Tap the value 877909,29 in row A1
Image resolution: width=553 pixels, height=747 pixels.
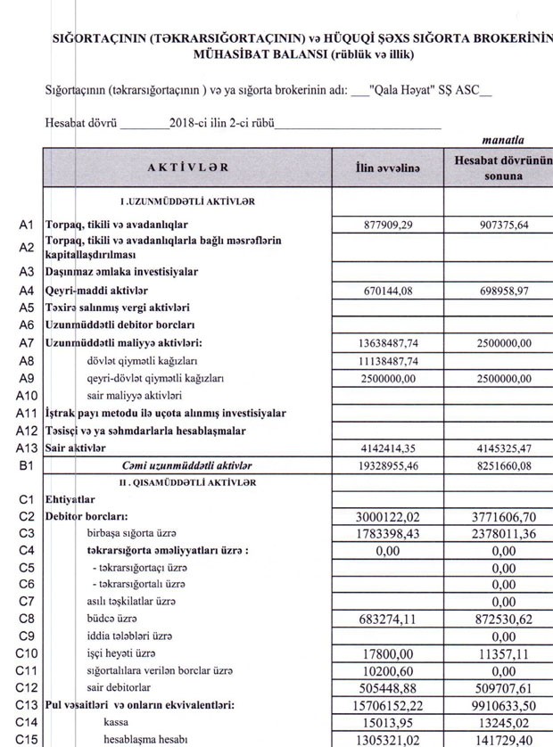[x=388, y=225]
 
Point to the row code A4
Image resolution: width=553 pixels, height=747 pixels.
[x=27, y=290]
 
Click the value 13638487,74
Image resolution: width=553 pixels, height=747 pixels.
[x=388, y=343]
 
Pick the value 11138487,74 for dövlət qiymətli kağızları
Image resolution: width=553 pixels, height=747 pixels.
[x=388, y=360]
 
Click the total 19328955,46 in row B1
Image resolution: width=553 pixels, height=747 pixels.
[x=388, y=465]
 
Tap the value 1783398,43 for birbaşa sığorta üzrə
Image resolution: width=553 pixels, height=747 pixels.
[x=388, y=534]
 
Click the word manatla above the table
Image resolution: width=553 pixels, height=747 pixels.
[x=502, y=140]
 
